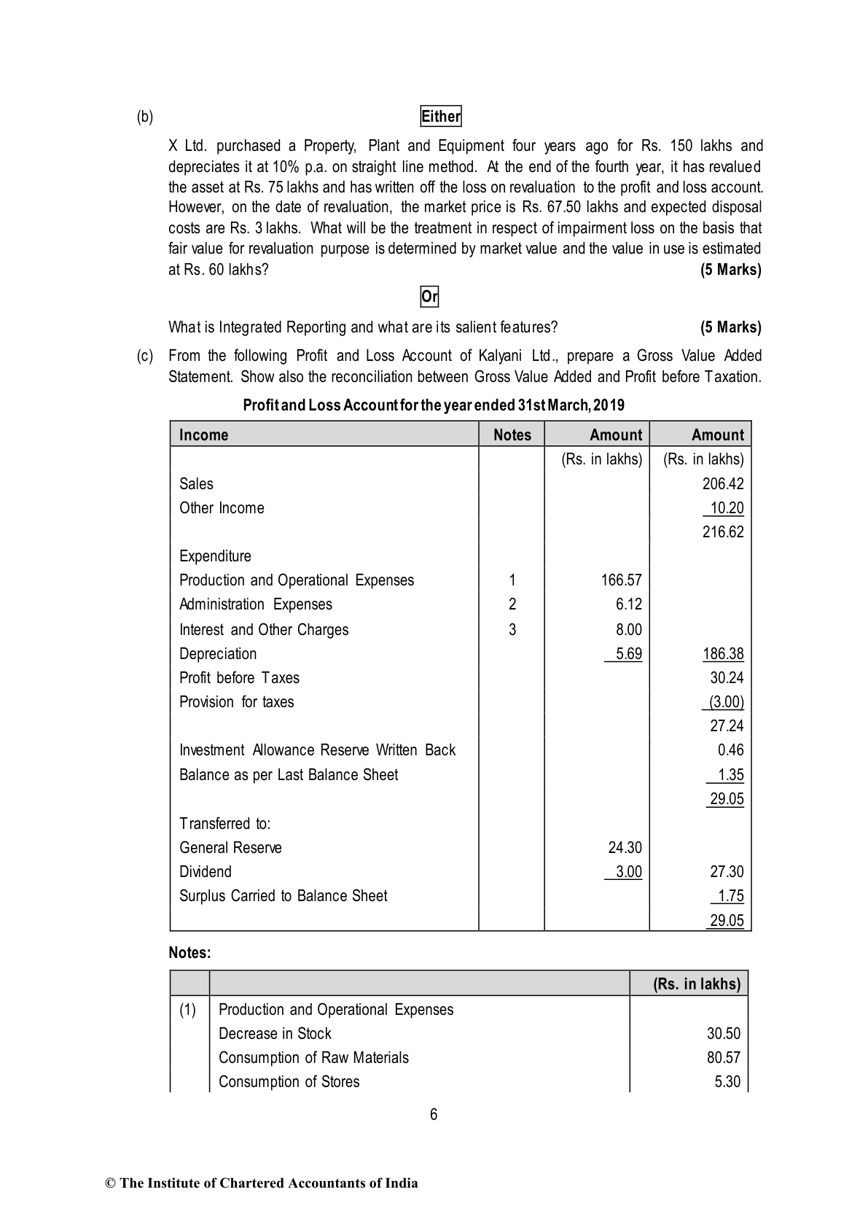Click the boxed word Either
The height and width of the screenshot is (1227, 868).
click(441, 117)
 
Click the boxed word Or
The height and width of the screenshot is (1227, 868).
click(429, 297)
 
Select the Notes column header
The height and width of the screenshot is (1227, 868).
click(512, 435)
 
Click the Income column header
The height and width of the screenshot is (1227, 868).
click(203, 435)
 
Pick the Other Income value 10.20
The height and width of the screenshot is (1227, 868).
click(727, 508)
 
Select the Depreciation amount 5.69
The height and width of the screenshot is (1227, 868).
click(628, 654)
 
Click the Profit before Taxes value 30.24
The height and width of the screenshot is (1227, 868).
click(727, 678)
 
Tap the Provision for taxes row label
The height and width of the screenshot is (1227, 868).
click(236, 702)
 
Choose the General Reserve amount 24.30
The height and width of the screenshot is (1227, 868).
click(625, 848)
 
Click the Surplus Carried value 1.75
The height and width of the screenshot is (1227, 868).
click(730, 896)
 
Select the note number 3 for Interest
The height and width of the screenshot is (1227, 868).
click(512, 630)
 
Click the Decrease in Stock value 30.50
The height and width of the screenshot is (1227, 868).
click(723, 1034)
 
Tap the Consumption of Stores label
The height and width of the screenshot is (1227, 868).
click(289, 1082)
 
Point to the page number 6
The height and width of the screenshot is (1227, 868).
click(434, 1115)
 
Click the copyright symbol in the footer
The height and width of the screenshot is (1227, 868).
click(111, 1183)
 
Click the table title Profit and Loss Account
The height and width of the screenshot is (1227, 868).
click(433, 405)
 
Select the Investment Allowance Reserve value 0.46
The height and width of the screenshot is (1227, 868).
click(730, 750)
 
